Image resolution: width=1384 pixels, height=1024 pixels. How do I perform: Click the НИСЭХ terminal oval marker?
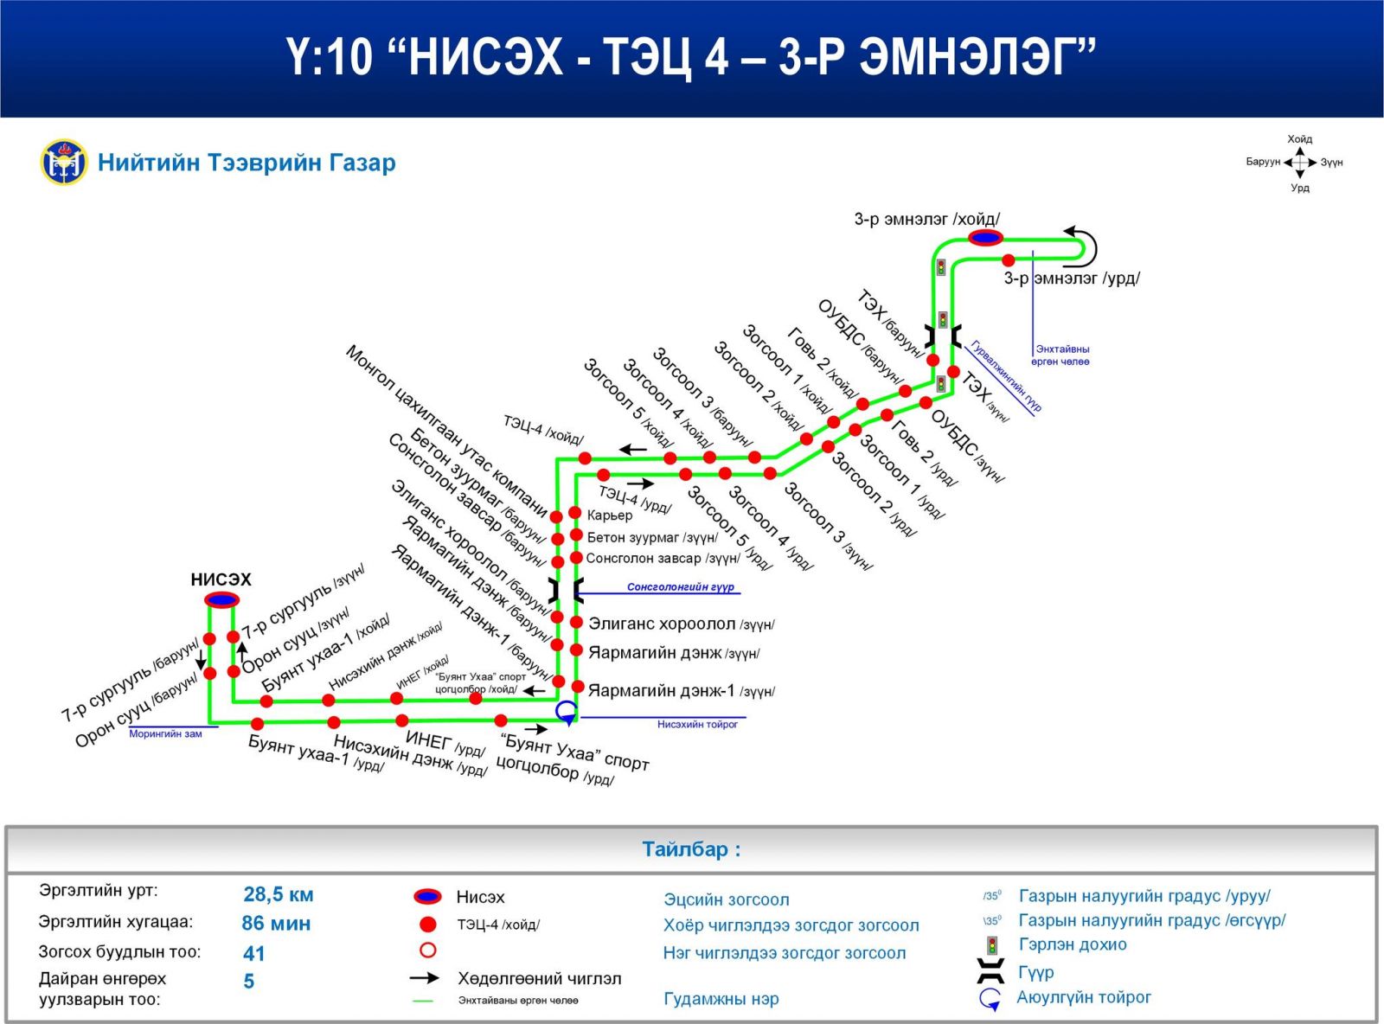point(221,599)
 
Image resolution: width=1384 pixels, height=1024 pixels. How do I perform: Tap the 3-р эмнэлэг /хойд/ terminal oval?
point(985,238)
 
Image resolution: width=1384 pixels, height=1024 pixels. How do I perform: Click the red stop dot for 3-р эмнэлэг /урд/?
point(1009,259)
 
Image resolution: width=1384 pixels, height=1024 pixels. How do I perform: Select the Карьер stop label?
point(610,515)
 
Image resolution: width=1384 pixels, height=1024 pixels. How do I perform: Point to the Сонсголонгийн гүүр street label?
point(680,587)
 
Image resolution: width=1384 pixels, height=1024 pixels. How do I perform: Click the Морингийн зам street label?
point(165,733)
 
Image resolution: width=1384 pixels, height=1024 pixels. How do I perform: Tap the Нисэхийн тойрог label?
point(697,725)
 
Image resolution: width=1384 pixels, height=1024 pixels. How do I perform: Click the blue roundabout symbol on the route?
point(567,712)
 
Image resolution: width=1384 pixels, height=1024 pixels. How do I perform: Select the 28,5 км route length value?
point(279,895)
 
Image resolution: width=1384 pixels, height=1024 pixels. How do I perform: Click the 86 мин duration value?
point(276,924)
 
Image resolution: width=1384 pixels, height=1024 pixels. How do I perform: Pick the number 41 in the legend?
point(254,953)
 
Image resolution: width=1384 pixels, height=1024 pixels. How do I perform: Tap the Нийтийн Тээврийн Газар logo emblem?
point(64,163)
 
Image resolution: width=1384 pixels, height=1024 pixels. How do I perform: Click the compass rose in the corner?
point(1300,163)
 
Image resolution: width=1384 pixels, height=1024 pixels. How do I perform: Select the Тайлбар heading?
point(691,849)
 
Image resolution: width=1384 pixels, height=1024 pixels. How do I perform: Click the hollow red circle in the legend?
point(427,950)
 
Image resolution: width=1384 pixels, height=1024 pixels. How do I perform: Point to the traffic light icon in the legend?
point(991,945)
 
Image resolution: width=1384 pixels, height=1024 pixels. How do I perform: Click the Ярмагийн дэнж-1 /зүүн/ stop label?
point(681,691)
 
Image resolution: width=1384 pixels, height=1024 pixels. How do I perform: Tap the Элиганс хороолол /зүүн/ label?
point(681,624)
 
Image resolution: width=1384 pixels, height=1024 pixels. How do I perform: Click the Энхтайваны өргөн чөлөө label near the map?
point(1061,355)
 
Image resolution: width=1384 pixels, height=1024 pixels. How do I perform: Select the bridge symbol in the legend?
point(990,971)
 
